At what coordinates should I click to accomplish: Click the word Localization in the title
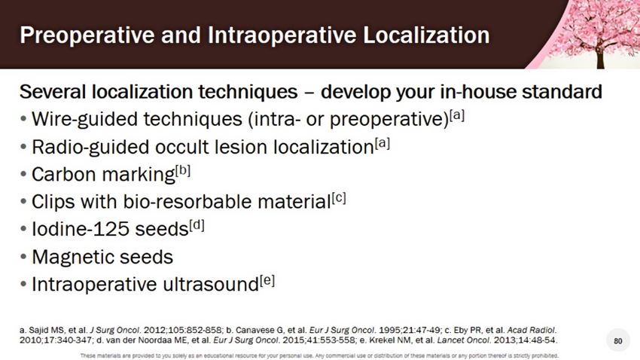coord(426,35)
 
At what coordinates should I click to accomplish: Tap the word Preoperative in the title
coord(87,36)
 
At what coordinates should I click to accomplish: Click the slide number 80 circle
coord(618,341)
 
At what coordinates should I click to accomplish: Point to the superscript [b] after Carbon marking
coord(183,170)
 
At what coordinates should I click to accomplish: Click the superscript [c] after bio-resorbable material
coord(339,198)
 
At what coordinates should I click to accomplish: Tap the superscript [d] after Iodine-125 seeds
coord(197,225)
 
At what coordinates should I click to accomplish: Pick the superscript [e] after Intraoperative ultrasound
coord(267,281)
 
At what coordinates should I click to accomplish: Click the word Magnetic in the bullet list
coord(75,257)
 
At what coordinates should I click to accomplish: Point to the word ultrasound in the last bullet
coord(211,285)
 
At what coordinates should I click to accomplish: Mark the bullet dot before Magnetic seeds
coord(23,257)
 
